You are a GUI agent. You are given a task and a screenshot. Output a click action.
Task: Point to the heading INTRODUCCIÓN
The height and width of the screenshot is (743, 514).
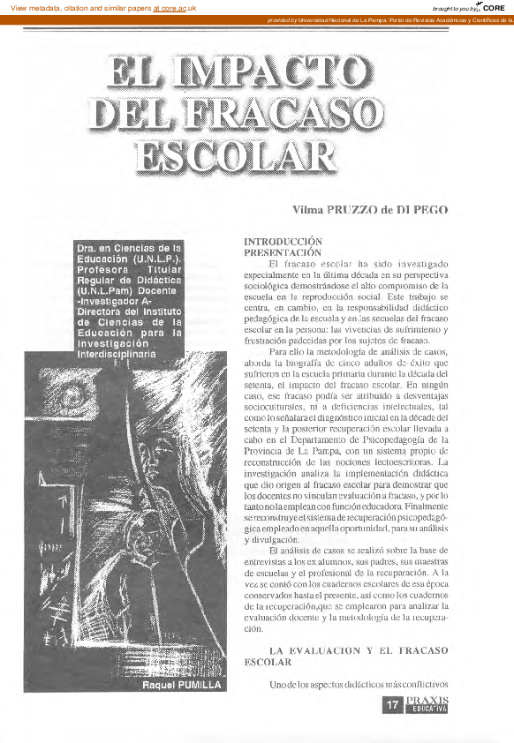pos(283,241)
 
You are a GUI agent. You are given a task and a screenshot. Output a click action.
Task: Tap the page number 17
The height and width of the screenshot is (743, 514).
pos(394,704)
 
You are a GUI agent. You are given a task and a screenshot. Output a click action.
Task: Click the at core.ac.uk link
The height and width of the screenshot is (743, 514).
pos(175,8)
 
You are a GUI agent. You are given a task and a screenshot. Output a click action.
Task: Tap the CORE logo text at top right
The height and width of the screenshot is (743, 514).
pos(495,7)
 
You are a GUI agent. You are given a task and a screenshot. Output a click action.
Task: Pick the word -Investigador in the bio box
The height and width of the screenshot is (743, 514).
pos(110,301)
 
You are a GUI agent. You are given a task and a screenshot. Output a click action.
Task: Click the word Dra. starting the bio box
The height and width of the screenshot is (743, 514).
pos(86,250)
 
